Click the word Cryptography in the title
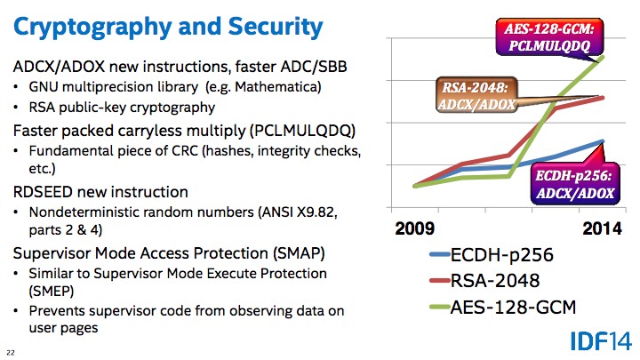tap(92, 28)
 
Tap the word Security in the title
tap(276, 28)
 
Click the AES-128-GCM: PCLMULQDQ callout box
tap(549, 36)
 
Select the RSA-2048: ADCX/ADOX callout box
tap(476, 95)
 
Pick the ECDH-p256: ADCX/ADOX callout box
tap(575, 184)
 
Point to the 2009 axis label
tap(415, 228)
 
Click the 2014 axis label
tap(602, 228)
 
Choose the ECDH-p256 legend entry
tap(492, 255)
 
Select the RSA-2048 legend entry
tap(484, 280)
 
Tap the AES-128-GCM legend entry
tap(503, 307)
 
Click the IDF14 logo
tap(601, 340)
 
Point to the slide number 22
tap(11, 353)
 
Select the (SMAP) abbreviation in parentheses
tap(299, 253)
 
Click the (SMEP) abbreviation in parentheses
tap(52, 291)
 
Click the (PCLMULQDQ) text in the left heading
tap(302, 131)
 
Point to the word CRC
tap(185, 151)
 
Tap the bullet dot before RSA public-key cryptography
tap(16, 108)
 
